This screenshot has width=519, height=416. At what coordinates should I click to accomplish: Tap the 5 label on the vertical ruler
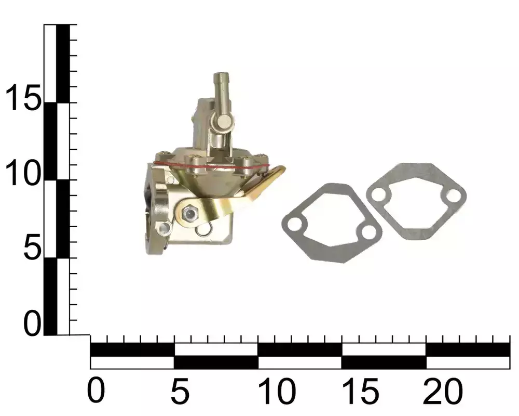[x=32, y=247]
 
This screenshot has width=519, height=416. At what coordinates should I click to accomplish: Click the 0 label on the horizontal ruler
[x=96, y=391]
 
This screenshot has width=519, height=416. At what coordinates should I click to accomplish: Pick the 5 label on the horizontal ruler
[x=180, y=391]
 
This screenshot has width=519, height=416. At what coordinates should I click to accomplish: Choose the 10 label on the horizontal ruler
[x=277, y=391]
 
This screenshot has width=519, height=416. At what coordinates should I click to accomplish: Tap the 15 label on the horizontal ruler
[x=360, y=391]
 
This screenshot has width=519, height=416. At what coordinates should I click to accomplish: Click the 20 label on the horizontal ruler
[x=443, y=391]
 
